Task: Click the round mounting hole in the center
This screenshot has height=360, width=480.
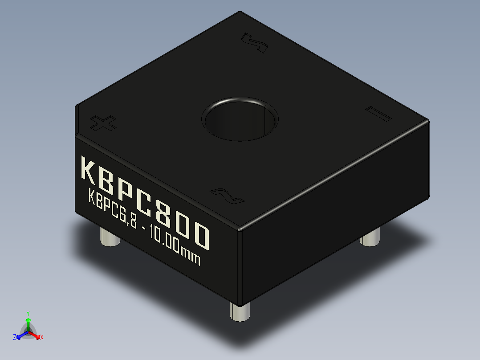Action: click(240, 119)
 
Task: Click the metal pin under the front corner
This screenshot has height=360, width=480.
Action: click(240, 310)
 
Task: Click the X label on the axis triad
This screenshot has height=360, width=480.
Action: click(42, 338)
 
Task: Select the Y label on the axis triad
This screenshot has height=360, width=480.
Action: click(28, 313)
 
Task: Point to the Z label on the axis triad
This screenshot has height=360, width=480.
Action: click(15, 337)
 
